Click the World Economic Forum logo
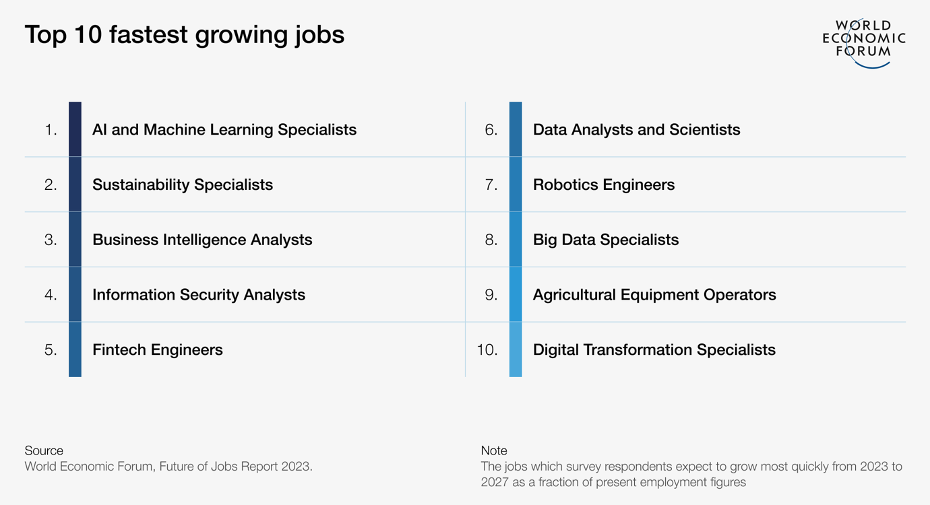tap(863, 42)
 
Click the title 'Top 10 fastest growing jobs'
tap(185, 35)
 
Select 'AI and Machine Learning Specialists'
tap(224, 129)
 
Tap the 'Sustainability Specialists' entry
tap(183, 184)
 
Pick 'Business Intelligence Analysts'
tap(202, 240)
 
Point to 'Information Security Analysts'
tap(199, 295)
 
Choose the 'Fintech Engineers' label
tap(157, 350)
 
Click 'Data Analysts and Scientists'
tap(636, 129)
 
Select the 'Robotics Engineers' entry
tap(604, 184)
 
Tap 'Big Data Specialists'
tap(606, 240)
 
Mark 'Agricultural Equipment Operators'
tap(654, 295)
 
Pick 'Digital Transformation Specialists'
tap(654, 350)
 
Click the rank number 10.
tap(487, 350)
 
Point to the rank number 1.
tap(51, 130)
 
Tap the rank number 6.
tap(491, 130)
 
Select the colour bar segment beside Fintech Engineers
tap(75, 349)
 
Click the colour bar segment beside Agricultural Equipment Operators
tap(516, 295)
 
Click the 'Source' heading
tap(44, 450)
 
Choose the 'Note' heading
tap(494, 450)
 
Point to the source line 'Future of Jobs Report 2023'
tap(235, 467)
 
